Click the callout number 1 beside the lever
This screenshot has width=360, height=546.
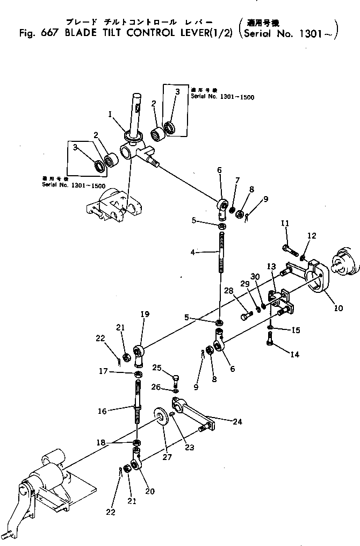point(110,114)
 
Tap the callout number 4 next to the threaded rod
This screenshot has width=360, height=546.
point(199,251)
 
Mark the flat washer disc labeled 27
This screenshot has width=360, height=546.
point(160,416)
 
